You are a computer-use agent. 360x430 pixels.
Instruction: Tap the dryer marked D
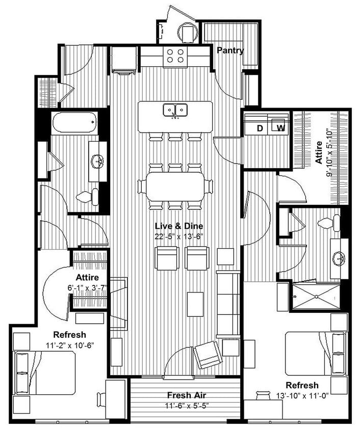[260, 128]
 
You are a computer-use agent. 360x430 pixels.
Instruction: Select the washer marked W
[280, 128]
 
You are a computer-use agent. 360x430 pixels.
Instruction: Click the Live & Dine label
[176, 226]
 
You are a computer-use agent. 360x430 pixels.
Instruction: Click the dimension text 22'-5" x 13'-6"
[176, 236]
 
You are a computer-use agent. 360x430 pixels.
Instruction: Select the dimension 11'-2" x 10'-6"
[69, 345]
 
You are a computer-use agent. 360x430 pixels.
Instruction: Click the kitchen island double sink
[175, 110]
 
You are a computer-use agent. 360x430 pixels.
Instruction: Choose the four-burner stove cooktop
[174, 56]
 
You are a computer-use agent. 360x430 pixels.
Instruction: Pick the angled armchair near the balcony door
[209, 354]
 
